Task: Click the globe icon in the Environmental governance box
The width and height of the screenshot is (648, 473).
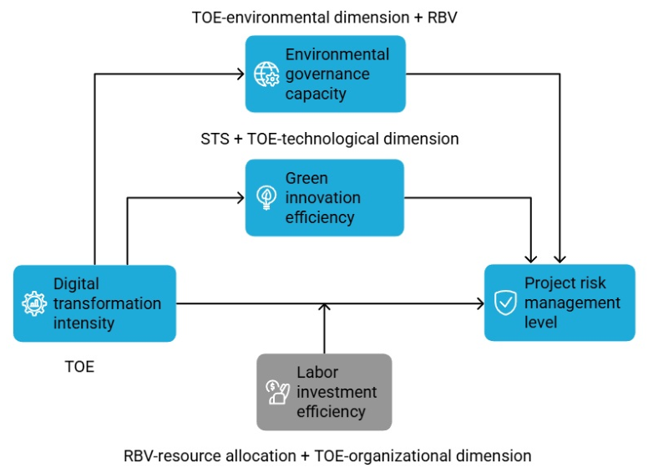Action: (266, 74)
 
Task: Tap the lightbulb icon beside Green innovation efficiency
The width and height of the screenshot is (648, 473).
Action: (266, 197)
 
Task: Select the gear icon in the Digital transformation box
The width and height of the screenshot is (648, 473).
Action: (34, 303)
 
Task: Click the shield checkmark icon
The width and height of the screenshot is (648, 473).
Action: (505, 303)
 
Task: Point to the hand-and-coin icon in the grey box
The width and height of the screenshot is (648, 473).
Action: (278, 392)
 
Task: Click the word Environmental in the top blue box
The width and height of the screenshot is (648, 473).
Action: (337, 54)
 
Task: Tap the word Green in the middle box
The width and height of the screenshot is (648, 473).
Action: (306, 178)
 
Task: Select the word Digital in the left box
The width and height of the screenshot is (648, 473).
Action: (77, 284)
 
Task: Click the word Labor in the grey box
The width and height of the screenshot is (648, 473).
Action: (317, 372)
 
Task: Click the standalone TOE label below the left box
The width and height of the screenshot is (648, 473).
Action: (80, 366)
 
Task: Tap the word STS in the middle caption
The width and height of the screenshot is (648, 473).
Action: (215, 139)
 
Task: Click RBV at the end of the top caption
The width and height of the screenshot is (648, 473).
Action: (443, 18)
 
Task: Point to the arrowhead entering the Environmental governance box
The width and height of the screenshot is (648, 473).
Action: (241, 74)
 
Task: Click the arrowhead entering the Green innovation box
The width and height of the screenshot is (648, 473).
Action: (241, 197)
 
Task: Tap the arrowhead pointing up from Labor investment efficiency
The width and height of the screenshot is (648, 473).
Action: (324, 308)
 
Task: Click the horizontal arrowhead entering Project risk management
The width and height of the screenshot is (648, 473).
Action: (480, 303)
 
